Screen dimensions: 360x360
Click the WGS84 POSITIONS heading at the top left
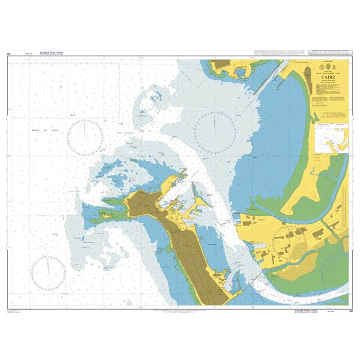pos(52,53)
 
